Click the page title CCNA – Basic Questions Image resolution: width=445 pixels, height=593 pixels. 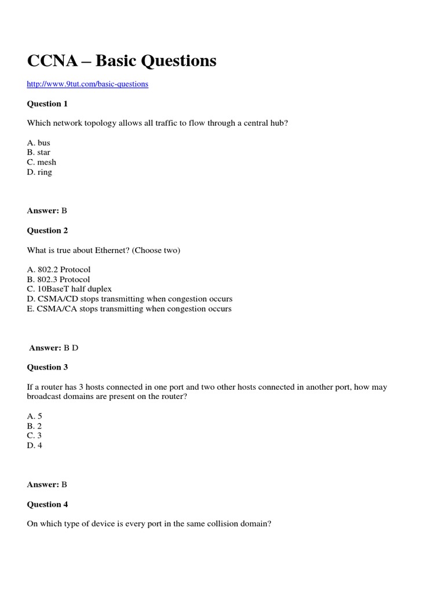click(122, 60)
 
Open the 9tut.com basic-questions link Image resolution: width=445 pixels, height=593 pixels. click(87, 84)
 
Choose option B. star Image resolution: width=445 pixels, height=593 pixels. click(39, 152)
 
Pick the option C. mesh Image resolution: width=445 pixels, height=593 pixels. click(42, 162)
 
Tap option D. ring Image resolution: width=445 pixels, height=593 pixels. click(39, 172)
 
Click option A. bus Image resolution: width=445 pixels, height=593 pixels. click(39, 142)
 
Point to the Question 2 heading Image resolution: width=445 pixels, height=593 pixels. click(48, 230)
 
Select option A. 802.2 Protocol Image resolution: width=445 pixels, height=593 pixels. click(59, 269)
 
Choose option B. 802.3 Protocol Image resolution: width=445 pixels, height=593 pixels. click(59, 279)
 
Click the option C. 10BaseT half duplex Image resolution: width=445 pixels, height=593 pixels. click(70, 289)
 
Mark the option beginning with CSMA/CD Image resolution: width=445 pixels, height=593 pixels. click(130, 299)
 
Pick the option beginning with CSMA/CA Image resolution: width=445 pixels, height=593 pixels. click(129, 309)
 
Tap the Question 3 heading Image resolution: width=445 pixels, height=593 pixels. click(48, 367)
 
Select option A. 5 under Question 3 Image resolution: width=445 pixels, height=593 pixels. click(35, 416)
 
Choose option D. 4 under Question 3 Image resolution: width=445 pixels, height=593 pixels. click(35, 445)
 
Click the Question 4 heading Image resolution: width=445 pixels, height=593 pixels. click(48, 504)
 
